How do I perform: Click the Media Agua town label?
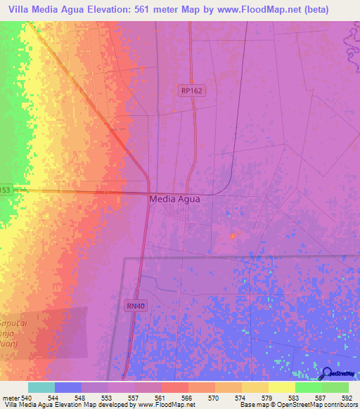pyautogui.click(x=174, y=199)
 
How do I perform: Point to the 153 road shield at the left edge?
pyautogui.click(x=6, y=190)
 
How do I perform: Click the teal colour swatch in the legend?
pyautogui.click(x=41, y=387)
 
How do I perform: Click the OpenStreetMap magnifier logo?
pyautogui.click(x=326, y=374)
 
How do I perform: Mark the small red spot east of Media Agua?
pyautogui.click(x=233, y=235)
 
